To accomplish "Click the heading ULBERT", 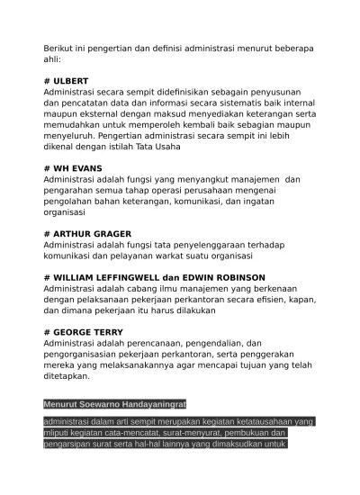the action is [x=71, y=80].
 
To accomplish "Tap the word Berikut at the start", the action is [x=62, y=47].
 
